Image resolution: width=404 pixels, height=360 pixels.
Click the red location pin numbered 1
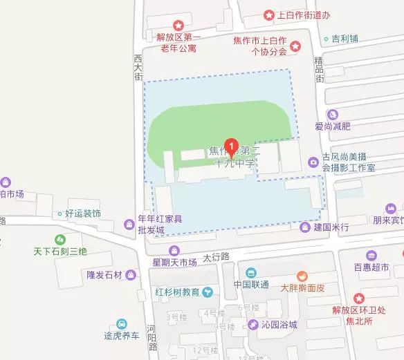(232, 129)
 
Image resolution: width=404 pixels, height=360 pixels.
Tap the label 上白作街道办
(303, 15)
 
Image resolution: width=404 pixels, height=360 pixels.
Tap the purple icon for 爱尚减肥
(333, 114)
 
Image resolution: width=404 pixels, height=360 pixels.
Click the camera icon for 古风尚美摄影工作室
(314, 163)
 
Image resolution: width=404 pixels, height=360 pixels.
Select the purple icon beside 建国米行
(304, 227)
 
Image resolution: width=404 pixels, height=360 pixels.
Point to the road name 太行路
(216, 256)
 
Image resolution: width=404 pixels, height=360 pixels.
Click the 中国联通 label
(250, 284)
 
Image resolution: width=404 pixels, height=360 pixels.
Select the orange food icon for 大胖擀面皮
(301, 275)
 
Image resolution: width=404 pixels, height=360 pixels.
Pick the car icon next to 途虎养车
(122, 324)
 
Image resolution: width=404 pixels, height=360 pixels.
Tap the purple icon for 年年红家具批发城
(129, 224)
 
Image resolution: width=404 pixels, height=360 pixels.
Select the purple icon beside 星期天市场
(174, 249)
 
